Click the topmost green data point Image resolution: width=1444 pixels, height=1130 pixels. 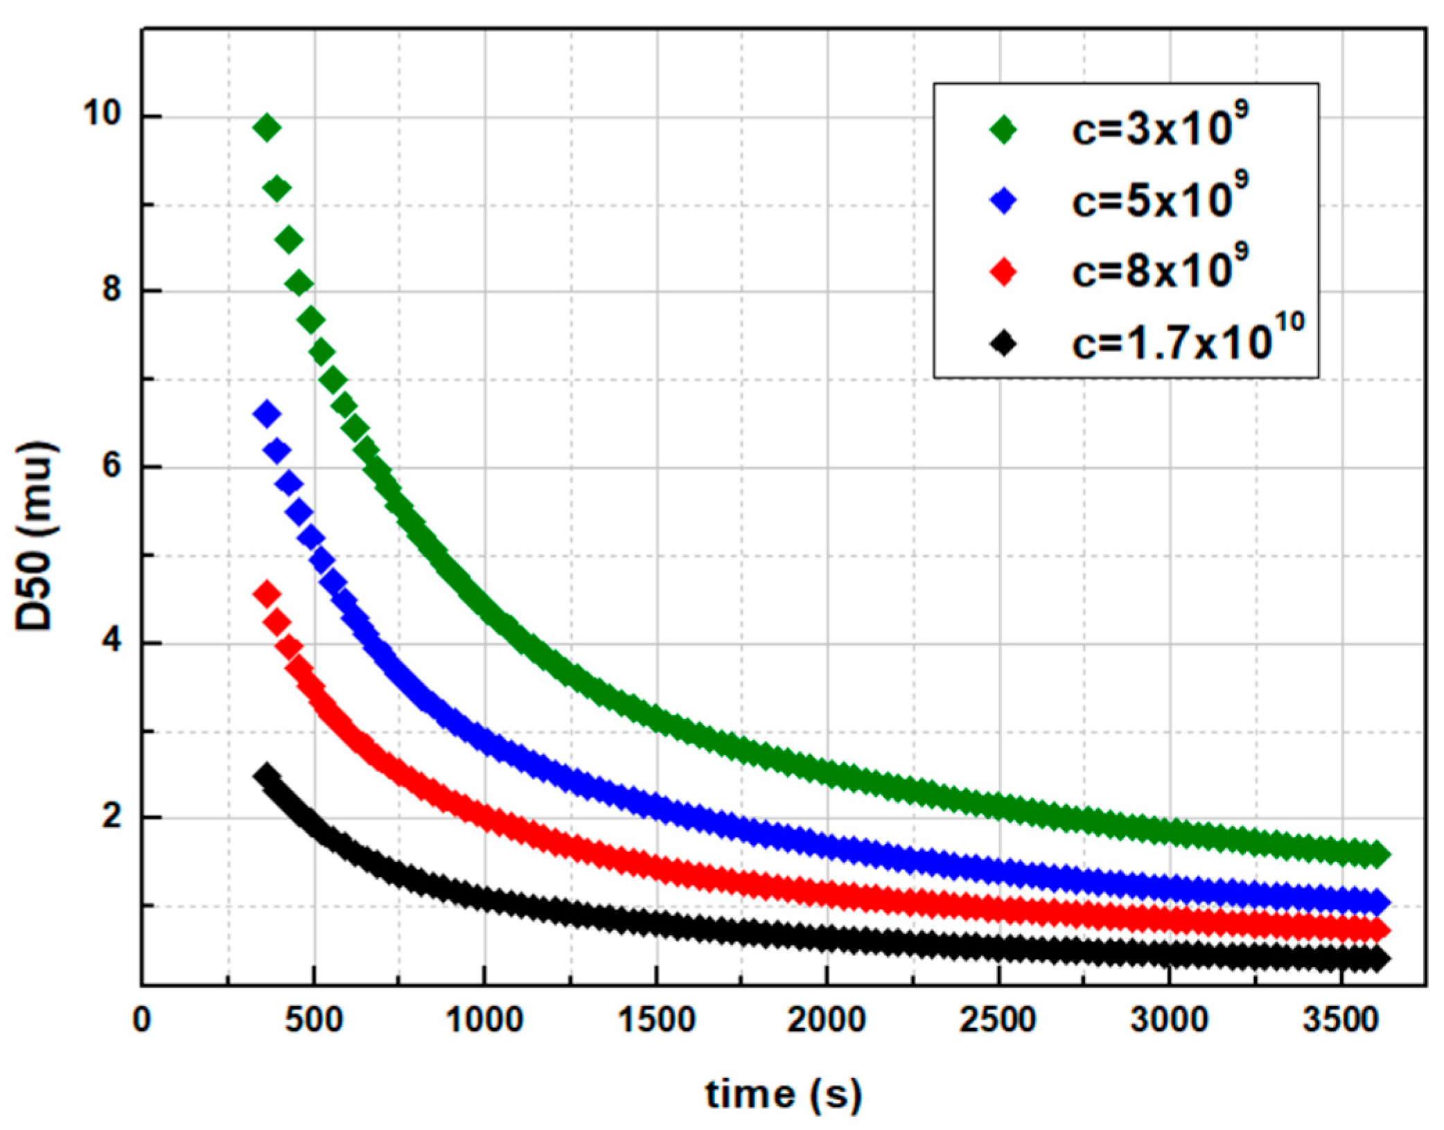[x=267, y=127]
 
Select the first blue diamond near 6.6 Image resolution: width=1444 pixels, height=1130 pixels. [x=267, y=414]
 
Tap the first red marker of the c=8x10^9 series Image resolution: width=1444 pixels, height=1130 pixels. [x=267, y=594]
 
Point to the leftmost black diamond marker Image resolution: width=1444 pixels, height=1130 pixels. [x=265, y=775]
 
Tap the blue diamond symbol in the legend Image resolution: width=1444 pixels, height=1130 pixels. [x=1003, y=201]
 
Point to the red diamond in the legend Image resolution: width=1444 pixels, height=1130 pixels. [x=1003, y=272]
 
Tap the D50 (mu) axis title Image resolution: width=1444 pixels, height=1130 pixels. [x=35, y=537]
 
